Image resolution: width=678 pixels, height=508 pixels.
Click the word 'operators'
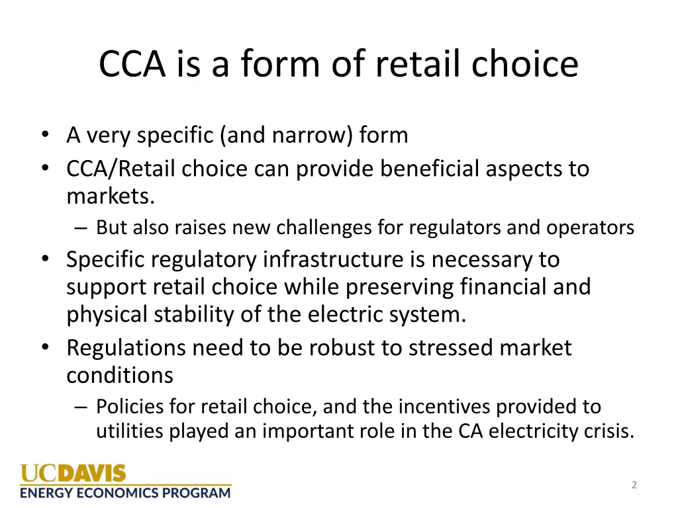coord(590,228)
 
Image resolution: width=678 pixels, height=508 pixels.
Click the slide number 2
coord(634,485)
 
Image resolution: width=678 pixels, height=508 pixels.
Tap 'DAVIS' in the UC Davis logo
coord(92,474)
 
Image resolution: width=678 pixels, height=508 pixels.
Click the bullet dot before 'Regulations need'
coord(44,347)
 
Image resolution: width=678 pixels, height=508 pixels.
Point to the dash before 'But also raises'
coord(80,228)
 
